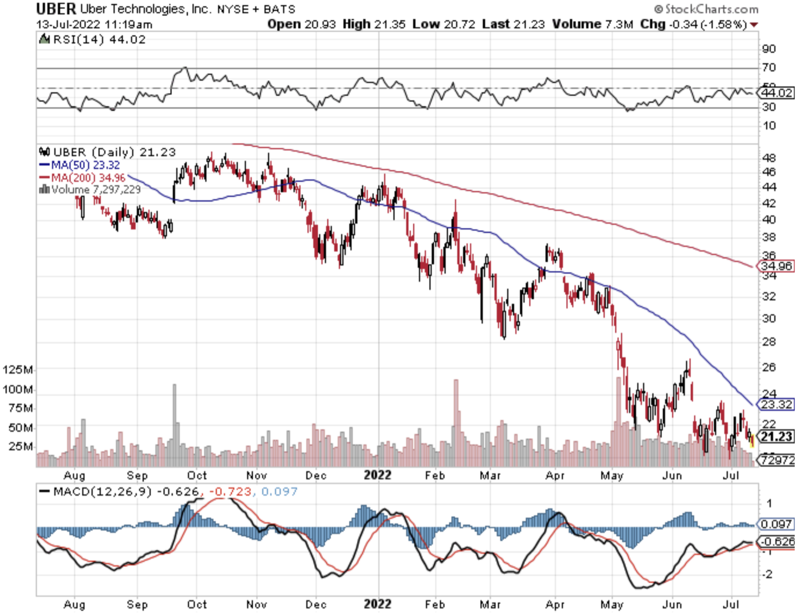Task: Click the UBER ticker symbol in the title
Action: (x=56, y=9)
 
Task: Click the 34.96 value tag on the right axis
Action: (x=775, y=266)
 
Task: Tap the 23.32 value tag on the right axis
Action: (x=775, y=405)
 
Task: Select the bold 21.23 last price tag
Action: (x=777, y=436)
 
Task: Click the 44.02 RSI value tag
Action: (x=777, y=93)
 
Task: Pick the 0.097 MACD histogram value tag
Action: (x=777, y=524)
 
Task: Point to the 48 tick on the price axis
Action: (x=769, y=158)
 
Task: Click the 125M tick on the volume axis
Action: (x=18, y=369)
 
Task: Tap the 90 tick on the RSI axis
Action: (x=769, y=49)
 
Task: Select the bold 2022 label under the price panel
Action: (x=378, y=475)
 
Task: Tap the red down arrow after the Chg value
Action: (x=753, y=25)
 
